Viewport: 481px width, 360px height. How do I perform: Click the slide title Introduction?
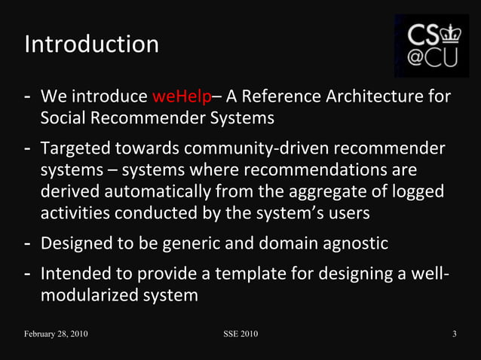click(x=91, y=44)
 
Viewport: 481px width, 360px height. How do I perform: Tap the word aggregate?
click(x=354, y=191)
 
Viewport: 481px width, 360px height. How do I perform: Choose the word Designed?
click(x=77, y=244)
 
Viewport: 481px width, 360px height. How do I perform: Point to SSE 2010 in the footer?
click(x=240, y=334)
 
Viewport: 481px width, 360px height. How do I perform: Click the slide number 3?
click(x=455, y=334)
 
